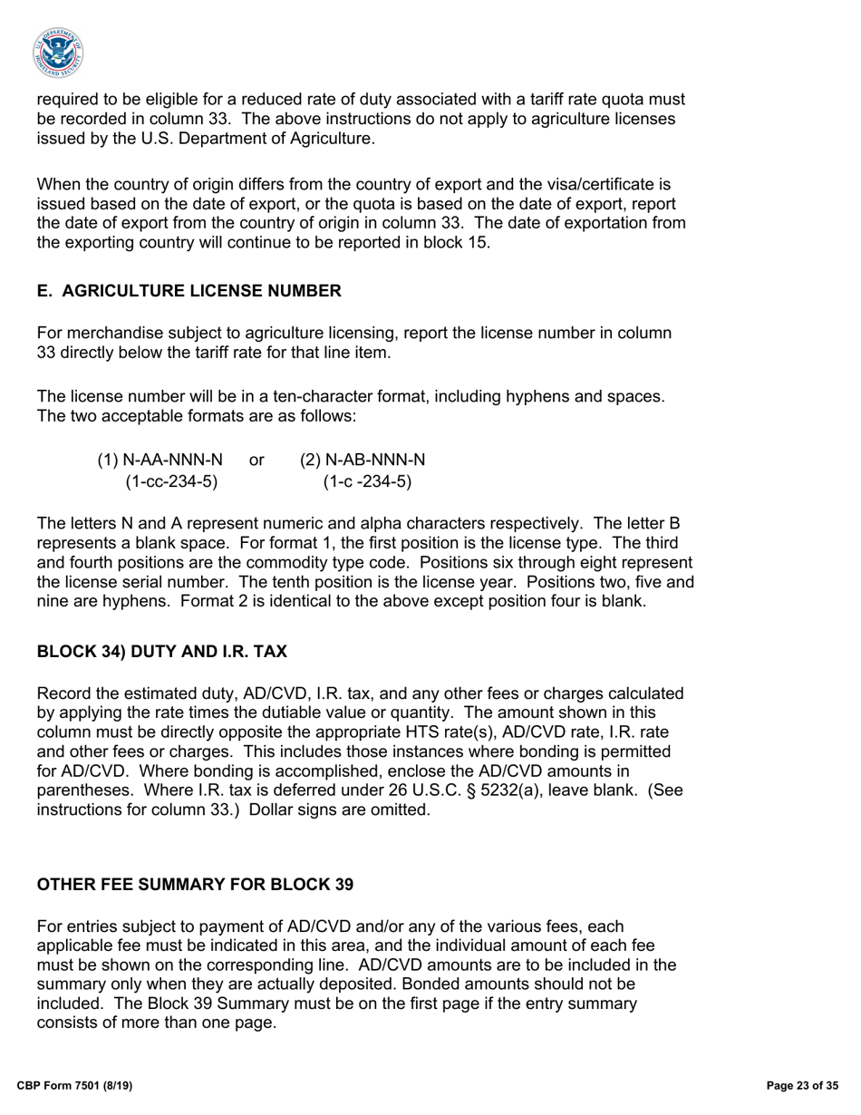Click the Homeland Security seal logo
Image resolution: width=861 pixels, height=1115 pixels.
59,53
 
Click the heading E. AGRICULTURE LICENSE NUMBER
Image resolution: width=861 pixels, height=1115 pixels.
189,291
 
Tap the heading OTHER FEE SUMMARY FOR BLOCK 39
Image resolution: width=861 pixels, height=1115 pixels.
195,884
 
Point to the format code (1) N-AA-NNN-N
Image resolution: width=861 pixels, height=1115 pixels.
160,461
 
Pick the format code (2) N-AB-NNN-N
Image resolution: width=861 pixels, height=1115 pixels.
363,461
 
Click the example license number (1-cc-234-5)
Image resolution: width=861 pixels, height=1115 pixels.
171,481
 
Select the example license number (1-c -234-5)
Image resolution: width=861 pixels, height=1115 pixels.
367,481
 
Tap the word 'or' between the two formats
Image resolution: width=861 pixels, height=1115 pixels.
256,461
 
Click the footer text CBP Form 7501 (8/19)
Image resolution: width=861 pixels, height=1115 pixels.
76,1085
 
